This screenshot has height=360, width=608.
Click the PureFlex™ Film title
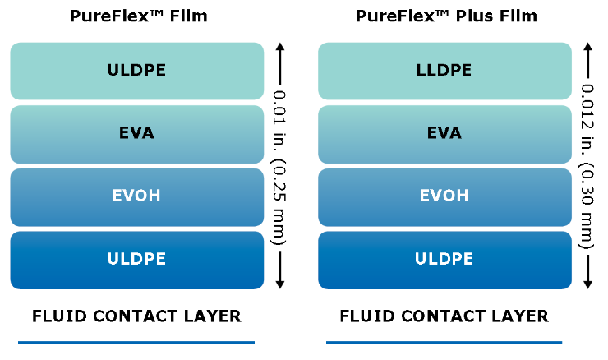point(136,16)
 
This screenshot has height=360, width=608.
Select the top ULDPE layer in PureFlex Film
point(136,71)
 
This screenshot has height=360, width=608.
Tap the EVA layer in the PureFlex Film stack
point(136,133)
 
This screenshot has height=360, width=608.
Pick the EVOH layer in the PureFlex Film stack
point(136,196)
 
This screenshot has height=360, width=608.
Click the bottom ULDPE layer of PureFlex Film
point(136,260)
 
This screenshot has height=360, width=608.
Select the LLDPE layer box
point(444,71)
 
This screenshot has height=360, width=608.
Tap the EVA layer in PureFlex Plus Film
point(444,133)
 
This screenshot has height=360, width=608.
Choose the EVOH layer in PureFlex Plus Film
point(444,196)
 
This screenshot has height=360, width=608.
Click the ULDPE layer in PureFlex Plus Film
point(444,260)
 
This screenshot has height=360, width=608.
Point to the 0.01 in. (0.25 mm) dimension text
point(280,164)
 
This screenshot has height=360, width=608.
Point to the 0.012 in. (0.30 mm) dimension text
point(587,164)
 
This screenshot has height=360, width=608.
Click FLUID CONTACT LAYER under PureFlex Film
point(136,316)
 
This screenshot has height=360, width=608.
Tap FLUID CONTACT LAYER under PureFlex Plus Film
point(444,316)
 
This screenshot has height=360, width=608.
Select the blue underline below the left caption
point(136,342)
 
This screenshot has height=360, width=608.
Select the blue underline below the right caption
point(444,342)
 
